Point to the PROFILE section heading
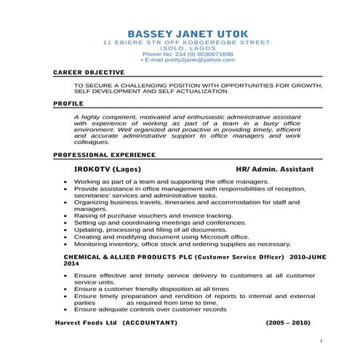tap(68, 104)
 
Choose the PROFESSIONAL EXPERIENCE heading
tap(105, 155)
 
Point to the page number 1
tap(321, 340)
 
